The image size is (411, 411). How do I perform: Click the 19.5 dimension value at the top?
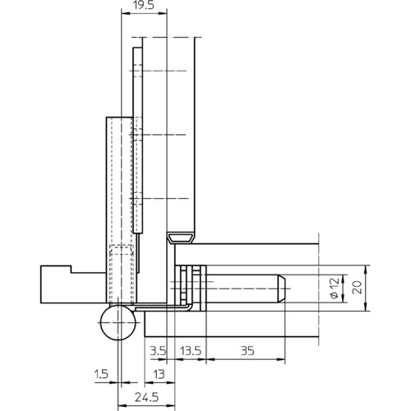point(144,5)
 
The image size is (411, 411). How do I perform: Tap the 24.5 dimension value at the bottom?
point(146,397)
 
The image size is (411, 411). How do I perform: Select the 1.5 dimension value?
point(101,374)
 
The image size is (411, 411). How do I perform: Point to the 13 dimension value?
point(159,374)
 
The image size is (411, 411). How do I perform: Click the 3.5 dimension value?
point(158,351)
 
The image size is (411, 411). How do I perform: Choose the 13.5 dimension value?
point(191,351)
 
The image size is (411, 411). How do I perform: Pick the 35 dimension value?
point(247,351)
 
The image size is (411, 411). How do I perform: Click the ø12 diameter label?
point(335,288)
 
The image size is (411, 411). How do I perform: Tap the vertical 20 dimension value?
point(357,288)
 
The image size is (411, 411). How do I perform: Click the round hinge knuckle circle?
point(118,322)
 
